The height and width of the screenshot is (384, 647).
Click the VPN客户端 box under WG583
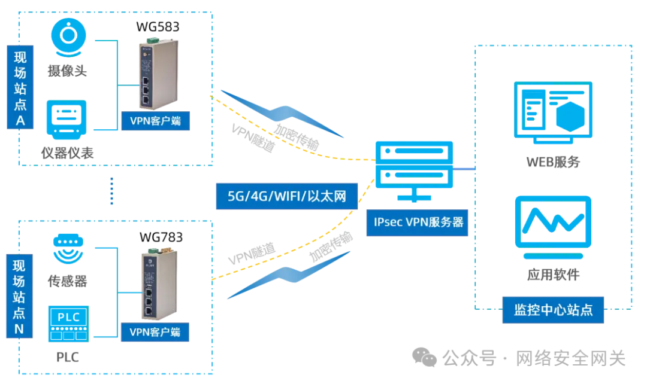tap(155, 121)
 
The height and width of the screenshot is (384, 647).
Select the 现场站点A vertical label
tap(20, 88)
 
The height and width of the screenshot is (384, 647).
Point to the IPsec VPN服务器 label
tap(419, 222)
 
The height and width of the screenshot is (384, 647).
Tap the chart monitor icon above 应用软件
tap(552, 222)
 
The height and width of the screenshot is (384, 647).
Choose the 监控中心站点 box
tap(553, 310)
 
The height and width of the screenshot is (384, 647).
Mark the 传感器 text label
tap(67, 281)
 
